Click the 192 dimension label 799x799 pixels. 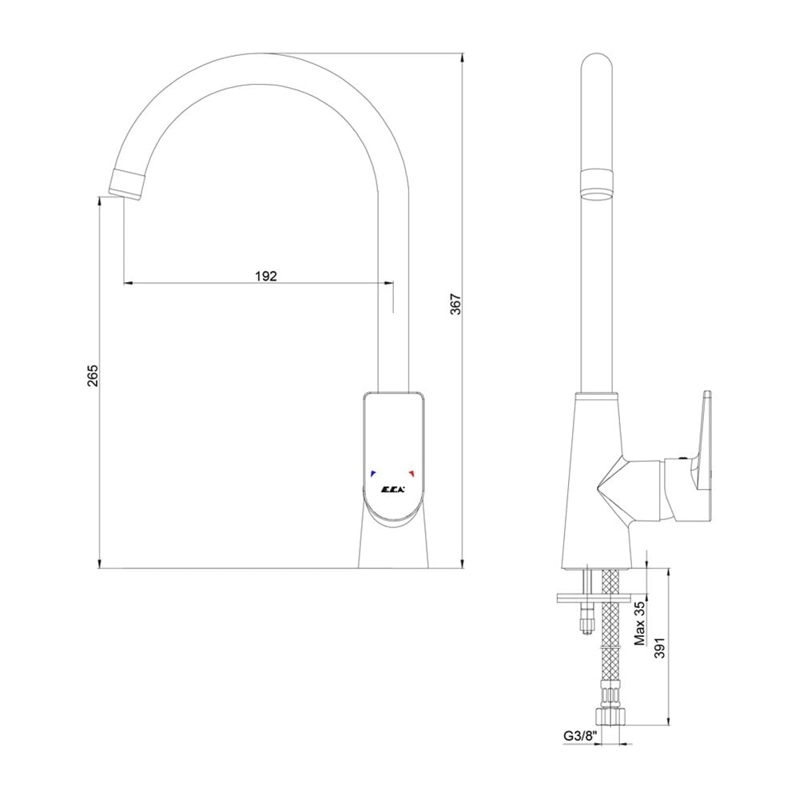pos(266,276)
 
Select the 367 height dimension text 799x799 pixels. pos(456,304)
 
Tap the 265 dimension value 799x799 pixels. pos(93,375)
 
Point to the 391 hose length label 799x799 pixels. pos(661,647)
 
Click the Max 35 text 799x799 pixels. pos(640,623)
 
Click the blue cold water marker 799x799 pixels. pos(373,473)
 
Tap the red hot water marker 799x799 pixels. pos(411,473)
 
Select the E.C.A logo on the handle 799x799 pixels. pos(392,491)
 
